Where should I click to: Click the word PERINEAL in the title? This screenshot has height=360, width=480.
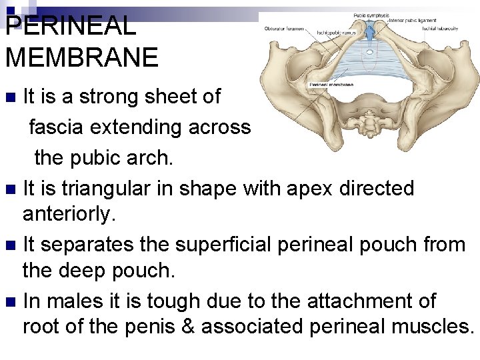pos(70,27)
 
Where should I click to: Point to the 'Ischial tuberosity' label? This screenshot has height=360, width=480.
pos(440,29)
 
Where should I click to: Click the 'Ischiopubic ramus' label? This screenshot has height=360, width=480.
pos(337,32)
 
